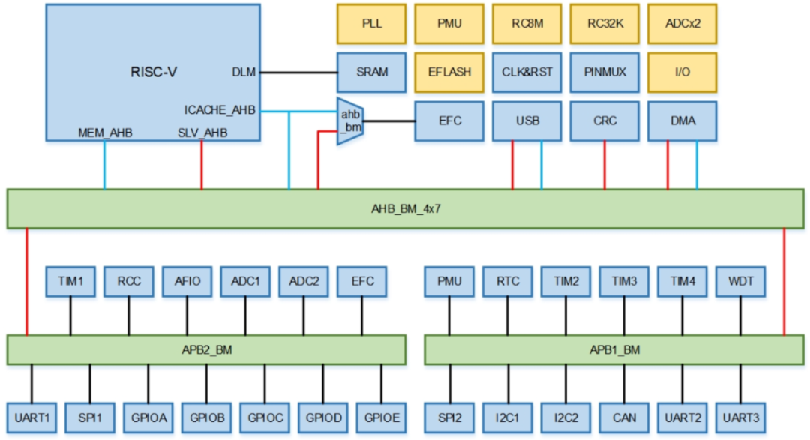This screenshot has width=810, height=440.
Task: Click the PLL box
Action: point(372,23)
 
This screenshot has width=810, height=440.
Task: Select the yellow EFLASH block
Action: point(450,72)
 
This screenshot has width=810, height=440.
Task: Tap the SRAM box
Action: point(372,72)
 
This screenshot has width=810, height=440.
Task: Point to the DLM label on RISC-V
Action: point(244,73)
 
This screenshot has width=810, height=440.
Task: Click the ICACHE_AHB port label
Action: point(220,110)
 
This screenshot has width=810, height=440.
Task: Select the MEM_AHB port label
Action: point(105,133)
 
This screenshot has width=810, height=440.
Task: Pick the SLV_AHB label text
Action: point(202,133)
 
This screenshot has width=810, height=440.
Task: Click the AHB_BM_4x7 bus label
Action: point(405,208)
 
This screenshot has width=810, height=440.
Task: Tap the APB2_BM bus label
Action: point(206,349)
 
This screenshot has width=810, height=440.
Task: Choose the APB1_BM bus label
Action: point(613,349)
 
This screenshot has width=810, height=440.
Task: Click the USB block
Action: point(527,121)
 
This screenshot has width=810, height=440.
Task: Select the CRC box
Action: point(604,121)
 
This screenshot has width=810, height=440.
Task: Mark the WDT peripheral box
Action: point(740,281)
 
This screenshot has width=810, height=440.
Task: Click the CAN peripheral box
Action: point(624,417)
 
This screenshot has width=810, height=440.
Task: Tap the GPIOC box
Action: point(264,417)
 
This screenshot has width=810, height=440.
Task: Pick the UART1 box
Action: point(31,417)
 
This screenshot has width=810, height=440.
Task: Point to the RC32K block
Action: point(604,23)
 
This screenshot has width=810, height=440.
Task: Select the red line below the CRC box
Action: point(604,165)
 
